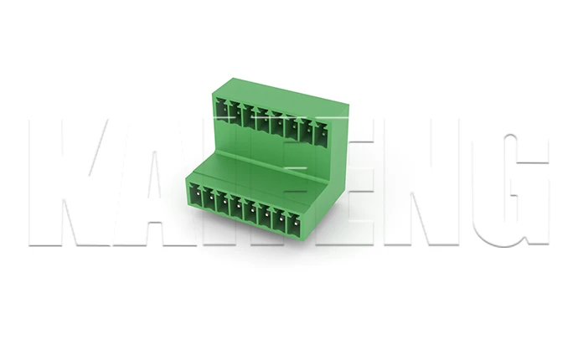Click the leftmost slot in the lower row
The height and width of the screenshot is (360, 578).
coord(195,194)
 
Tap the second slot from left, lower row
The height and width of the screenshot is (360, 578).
coord(209,198)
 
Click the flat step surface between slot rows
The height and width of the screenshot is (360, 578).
coord(260,172)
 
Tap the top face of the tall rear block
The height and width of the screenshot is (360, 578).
coord(281,92)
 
